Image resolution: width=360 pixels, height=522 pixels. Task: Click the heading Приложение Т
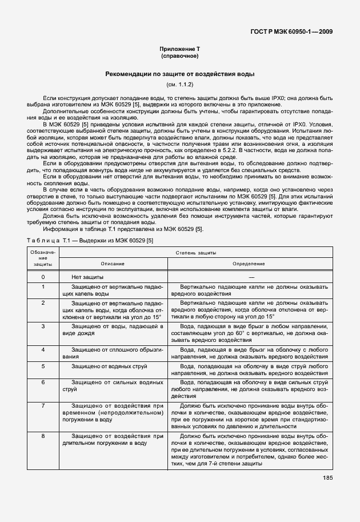(x=179, y=50)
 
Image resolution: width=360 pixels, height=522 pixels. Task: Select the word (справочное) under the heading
(x=179, y=57)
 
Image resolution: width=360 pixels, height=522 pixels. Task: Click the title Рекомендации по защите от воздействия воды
(x=179, y=74)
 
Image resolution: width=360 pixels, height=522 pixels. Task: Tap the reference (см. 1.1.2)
(x=179, y=85)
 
